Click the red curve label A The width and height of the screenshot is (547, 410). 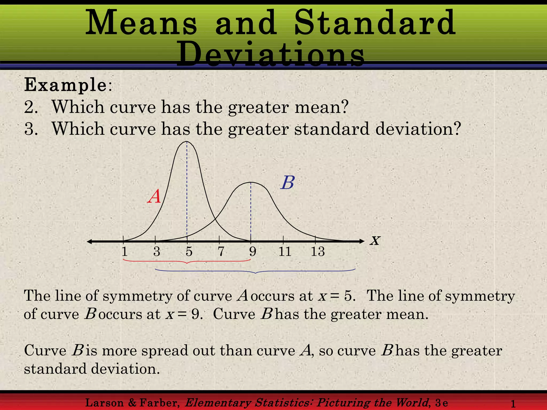pos(154,197)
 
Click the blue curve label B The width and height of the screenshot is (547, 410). pos(288,183)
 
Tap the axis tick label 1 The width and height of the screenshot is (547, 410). pos(124,251)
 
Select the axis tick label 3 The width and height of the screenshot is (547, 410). pos(157,251)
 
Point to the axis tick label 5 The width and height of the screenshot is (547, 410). pos(189,251)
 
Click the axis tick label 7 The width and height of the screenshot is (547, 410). pos(221,251)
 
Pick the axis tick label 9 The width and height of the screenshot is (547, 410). pos(253,251)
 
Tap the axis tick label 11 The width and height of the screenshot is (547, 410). pos(285,251)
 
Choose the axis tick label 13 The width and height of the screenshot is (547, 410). pos(318,251)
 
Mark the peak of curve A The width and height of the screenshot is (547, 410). pos(187,141)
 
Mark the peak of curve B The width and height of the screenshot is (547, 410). pos(251,182)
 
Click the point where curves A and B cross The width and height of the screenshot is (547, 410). pos(215,219)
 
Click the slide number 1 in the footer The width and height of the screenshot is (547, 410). pos(513,404)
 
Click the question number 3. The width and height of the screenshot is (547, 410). pos(31,129)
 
